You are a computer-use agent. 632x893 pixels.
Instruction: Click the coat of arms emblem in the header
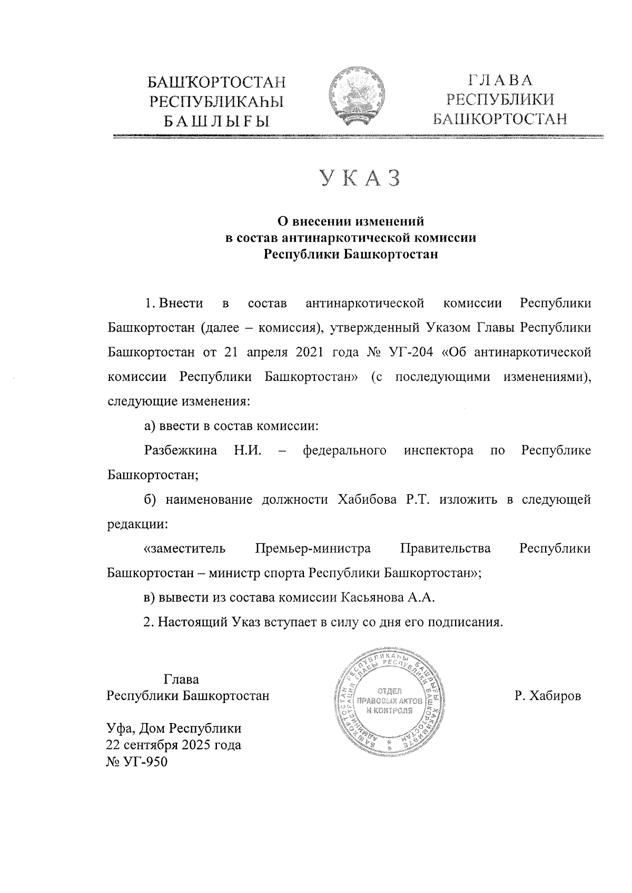click(x=356, y=98)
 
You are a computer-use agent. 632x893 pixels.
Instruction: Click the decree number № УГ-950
click(x=137, y=761)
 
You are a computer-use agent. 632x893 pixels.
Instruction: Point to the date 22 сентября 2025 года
click(x=174, y=745)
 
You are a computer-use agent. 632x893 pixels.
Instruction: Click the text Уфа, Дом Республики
click(x=174, y=728)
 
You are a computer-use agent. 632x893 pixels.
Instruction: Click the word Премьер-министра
click(x=313, y=548)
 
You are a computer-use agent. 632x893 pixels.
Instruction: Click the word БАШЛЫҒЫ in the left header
click(x=216, y=122)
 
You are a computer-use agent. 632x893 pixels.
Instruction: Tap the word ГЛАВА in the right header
click(x=500, y=81)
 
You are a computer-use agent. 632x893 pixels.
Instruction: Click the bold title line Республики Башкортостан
click(x=351, y=255)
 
